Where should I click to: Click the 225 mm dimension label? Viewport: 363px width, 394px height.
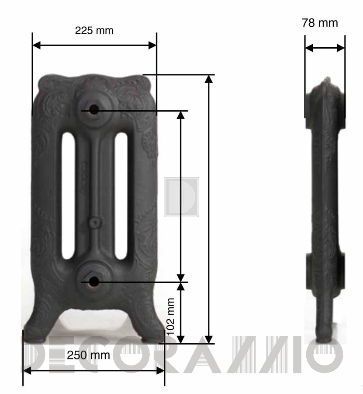(94, 30)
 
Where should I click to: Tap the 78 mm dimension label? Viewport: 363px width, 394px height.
(320, 23)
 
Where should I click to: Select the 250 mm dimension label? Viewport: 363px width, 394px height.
(88, 355)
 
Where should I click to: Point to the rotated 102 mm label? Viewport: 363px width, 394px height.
(170, 316)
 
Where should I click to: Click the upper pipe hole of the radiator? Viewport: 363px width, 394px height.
(94, 109)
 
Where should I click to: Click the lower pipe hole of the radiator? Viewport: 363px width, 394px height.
(93, 281)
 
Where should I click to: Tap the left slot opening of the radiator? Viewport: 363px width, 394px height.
(68, 196)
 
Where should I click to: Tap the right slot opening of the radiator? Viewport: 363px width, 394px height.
(121, 196)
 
